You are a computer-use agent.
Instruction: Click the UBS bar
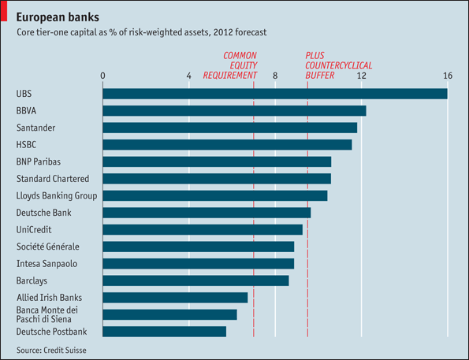(x=275, y=94)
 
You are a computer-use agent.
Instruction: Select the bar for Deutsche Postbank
(x=165, y=332)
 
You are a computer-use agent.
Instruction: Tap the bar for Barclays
(x=195, y=280)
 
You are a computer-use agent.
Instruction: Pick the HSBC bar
(x=227, y=145)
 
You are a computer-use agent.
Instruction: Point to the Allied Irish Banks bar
(x=175, y=298)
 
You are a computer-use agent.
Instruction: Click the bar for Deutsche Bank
(x=207, y=213)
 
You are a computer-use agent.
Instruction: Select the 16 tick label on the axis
(x=448, y=76)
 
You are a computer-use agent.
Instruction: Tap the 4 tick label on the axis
(x=188, y=76)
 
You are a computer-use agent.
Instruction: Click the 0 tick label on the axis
(x=102, y=76)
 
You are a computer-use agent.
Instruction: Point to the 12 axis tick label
(x=361, y=76)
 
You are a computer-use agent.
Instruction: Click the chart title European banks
(x=58, y=17)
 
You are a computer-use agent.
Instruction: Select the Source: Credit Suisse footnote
(x=51, y=350)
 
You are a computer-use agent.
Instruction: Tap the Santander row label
(x=36, y=128)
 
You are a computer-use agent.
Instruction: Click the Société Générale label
(x=48, y=247)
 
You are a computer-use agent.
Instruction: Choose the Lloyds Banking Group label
(x=57, y=196)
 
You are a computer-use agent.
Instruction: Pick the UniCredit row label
(x=34, y=230)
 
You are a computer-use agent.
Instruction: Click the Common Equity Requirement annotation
(x=230, y=65)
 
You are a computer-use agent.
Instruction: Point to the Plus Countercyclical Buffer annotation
(x=339, y=65)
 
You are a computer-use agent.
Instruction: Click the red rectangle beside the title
(x=4, y=11)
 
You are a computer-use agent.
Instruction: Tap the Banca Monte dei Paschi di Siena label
(x=47, y=314)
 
